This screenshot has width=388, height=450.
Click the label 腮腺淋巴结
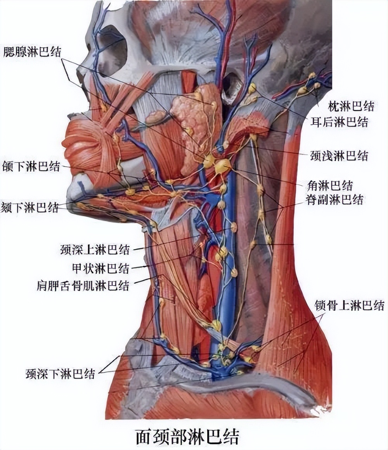click(x=33, y=51)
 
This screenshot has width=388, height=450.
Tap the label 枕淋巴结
click(x=351, y=105)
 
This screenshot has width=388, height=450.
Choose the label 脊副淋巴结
click(x=334, y=199)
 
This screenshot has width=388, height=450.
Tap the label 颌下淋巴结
click(x=31, y=167)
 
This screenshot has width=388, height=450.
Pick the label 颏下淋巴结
click(x=30, y=207)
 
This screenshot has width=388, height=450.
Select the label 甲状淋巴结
click(x=100, y=268)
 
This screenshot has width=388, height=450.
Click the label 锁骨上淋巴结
click(x=349, y=305)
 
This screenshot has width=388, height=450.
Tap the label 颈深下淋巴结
click(x=60, y=374)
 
